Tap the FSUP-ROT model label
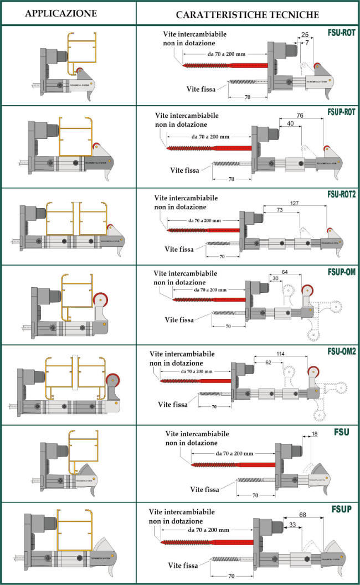339,112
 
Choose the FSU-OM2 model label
340,350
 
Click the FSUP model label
343,509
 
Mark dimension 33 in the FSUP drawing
292,524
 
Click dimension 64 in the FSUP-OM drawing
285,272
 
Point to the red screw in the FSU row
233,464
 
